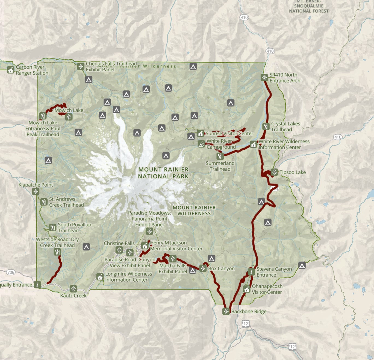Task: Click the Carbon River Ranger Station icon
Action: click(11, 70)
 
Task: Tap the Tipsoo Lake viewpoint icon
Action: click(274, 172)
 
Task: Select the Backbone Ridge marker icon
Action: click(226, 311)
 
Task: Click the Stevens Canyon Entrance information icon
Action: click(251, 272)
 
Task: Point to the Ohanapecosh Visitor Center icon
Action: click(247, 289)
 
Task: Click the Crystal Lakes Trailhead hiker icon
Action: click(266, 126)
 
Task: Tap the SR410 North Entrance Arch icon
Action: click(264, 78)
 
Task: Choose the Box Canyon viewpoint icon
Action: click(203, 268)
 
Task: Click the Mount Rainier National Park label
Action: click(163, 173)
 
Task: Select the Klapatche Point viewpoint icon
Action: click(36, 192)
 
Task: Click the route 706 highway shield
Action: click(11, 272)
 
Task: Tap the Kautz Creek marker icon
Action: click(73, 289)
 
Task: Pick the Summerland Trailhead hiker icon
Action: click(220, 156)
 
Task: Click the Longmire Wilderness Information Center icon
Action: click(100, 277)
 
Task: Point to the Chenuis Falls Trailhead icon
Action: click(80, 66)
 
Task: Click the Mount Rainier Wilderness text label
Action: click(194, 211)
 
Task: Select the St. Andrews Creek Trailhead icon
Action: click(44, 202)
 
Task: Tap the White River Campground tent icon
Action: click(201, 144)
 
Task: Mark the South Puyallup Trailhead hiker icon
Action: click(52, 228)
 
